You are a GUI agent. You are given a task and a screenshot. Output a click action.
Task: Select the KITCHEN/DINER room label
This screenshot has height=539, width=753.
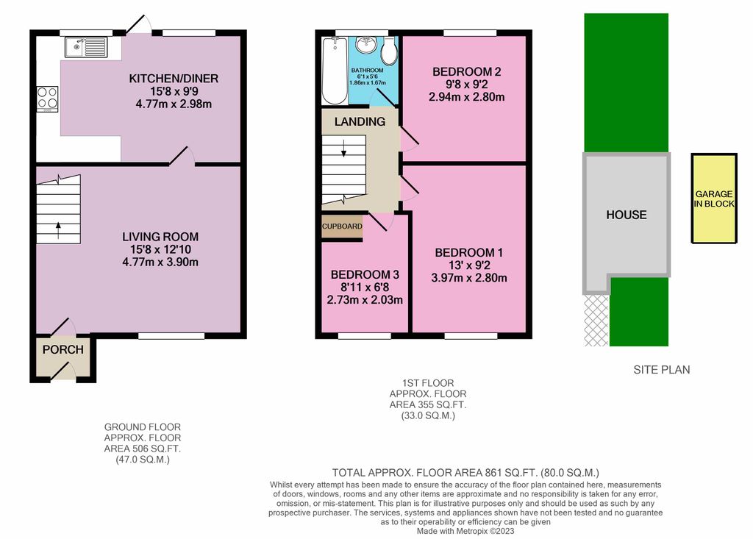click(x=174, y=79)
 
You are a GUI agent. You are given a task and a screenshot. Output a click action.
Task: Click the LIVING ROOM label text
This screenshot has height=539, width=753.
click(x=160, y=237)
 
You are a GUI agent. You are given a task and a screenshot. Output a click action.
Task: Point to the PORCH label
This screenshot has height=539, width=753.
click(x=63, y=350)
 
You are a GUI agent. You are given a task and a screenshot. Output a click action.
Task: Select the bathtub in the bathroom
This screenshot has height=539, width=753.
click(x=333, y=71)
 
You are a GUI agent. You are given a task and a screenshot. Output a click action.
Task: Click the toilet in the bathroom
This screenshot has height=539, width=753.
click(x=389, y=51)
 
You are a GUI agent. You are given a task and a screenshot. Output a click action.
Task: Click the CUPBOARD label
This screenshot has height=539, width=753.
click(x=342, y=226)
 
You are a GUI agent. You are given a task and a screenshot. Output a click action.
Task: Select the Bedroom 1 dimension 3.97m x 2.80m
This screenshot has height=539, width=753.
click(x=468, y=278)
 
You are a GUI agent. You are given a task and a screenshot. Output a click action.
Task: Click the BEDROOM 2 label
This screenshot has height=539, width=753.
click(x=466, y=71)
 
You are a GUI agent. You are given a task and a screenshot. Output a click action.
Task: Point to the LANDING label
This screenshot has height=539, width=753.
click(x=360, y=121)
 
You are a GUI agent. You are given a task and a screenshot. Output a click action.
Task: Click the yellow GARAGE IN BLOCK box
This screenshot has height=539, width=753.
click(x=713, y=199)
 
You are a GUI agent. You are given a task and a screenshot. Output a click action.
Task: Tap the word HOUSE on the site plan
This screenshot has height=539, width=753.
click(x=626, y=215)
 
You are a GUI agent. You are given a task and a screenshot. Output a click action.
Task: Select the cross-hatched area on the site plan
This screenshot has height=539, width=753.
click(x=596, y=320)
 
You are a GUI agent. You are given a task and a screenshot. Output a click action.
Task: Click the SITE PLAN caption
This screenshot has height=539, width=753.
click(x=662, y=370)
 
